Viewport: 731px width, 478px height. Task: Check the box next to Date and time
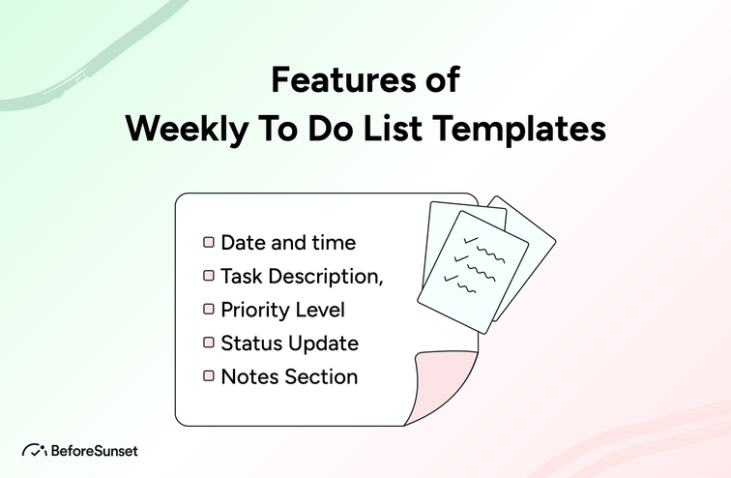pyautogui.click(x=208, y=242)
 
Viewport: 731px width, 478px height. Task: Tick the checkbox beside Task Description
pyautogui.click(x=208, y=276)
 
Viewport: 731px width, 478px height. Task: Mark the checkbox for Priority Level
pyautogui.click(x=208, y=310)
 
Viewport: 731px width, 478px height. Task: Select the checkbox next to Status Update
pyautogui.click(x=208, y=343)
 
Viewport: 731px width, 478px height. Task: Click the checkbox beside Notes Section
pyautogui.click(x=208, y=376)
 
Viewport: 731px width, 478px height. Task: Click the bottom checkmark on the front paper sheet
pyautogui.click(x=450, y=279)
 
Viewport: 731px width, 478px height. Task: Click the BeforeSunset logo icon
pyautogui.click(x=34, y=450)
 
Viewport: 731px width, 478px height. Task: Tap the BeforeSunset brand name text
pyautogui.click(x=95, y=450)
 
